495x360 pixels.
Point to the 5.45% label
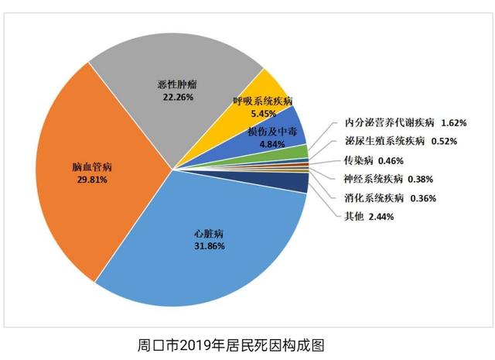[263, 113]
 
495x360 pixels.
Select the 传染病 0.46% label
[374, 161]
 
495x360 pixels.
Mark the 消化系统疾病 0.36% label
[390, 197]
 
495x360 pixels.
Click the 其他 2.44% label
[369, 217]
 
